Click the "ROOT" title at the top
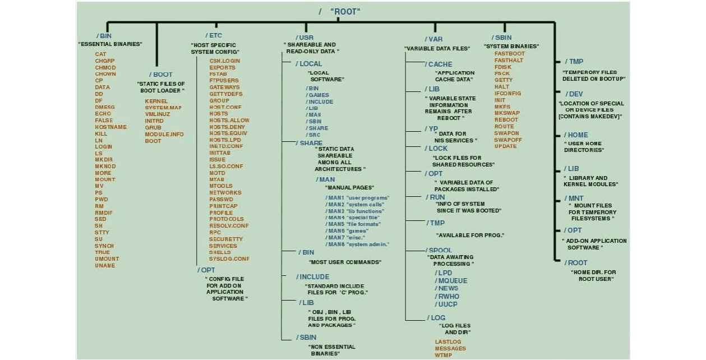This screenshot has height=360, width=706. (x=345, y=11)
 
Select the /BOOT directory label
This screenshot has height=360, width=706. (x=161, y=75)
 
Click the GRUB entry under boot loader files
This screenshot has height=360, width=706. (x=153, y=128)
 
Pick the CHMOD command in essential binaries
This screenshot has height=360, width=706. (x=105, y=68)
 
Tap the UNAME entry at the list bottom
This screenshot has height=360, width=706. (x=105, y=266)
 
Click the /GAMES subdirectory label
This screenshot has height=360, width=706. (x=317, y=95)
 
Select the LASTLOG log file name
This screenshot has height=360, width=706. (x=448, y=342)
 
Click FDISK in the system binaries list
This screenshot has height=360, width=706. (x=503, y=67)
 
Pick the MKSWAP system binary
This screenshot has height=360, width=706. (x=507, y=113)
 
